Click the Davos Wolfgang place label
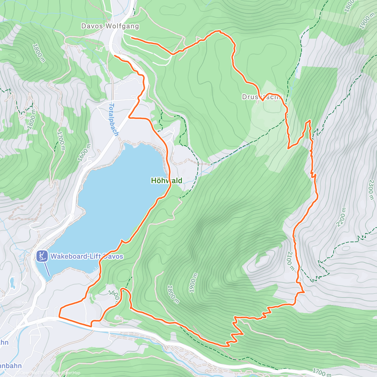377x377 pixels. [x=110, y=26]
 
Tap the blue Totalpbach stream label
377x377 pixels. [x=114, y=120]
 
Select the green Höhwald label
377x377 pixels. [x=167, y=181]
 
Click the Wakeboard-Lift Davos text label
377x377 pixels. [x=87, y=256]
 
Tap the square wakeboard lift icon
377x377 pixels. [x=42, y=256]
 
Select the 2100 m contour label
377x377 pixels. [x=291, y=261]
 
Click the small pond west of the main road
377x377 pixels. [x=12, y=283]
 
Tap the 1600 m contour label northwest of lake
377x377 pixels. [x=84, y=153]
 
